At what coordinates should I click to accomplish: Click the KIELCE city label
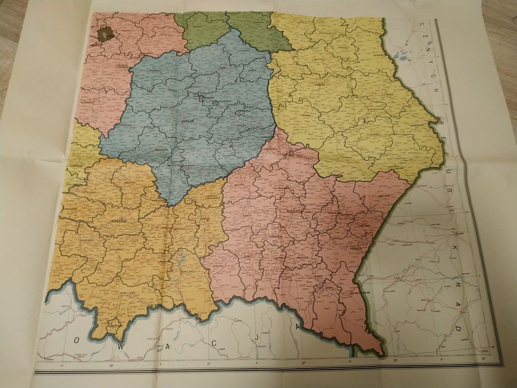pyautogui.click(x=190, y=119)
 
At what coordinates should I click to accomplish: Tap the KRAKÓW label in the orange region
pyautogui.click(x=119, y=221)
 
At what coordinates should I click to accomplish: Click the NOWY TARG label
pyautogui.click(x=127, y=292)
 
